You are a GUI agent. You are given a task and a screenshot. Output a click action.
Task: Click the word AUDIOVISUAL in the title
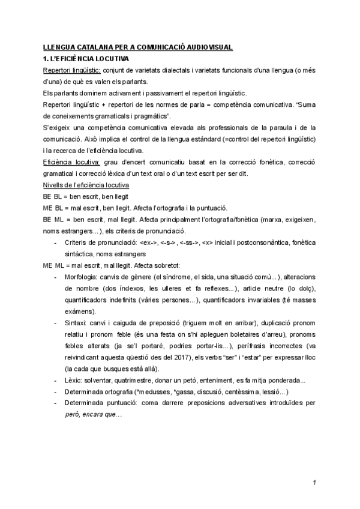tap(203, 47)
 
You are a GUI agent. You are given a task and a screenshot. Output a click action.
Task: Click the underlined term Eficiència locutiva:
tap(65, 162)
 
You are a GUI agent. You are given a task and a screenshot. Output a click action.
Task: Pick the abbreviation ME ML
tap(53, 264)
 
